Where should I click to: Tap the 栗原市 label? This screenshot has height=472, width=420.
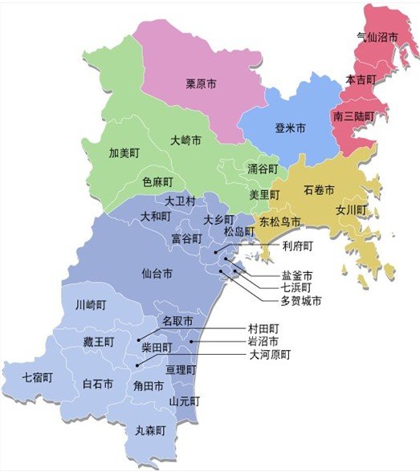tap(201, 83)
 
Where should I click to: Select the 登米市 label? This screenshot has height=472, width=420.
tap(290, 128)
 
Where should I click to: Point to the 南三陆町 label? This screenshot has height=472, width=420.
tap(353, 116)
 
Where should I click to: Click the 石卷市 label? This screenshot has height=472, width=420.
tap(319, 190)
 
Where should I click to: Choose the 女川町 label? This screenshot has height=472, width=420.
tap(351, 210)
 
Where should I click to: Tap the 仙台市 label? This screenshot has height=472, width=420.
tap(157, 274)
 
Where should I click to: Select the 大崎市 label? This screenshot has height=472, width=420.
tap(186, 140)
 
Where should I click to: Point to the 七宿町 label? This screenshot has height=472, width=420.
tap(38, 376)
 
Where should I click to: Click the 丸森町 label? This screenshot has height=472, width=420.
tap(150, 430)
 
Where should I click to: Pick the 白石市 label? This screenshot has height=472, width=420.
tap(98, 384)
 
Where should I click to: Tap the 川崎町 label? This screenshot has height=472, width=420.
tap(90, 305)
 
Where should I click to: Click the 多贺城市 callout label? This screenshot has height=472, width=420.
tap(301, 301)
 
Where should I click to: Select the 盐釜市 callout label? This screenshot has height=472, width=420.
tap(296, 274)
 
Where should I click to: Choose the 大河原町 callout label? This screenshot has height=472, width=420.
tap(269, 354)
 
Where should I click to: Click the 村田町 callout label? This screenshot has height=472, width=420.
tap(263, 328)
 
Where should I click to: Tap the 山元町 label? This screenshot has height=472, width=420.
tap(185, 401)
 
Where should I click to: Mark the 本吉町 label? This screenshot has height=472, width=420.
tap(360, 79)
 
